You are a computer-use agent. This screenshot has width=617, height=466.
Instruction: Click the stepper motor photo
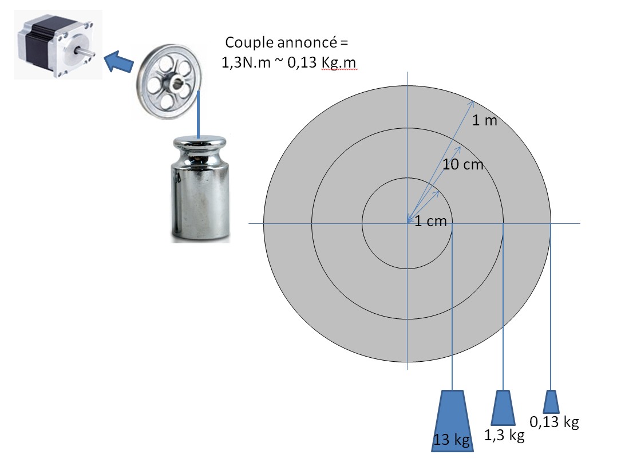pos(58,45)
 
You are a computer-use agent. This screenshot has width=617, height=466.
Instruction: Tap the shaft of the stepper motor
pos(88,50)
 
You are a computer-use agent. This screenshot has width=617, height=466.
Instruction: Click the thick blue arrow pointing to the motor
pos(118,61)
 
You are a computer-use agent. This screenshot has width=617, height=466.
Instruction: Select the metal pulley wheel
pos(169,81)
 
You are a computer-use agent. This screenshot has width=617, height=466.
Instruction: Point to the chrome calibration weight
pos(200,188)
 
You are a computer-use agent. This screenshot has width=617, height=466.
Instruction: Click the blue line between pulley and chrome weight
pos(198,114)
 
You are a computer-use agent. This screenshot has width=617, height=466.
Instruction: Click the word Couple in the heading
pos(250,42)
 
